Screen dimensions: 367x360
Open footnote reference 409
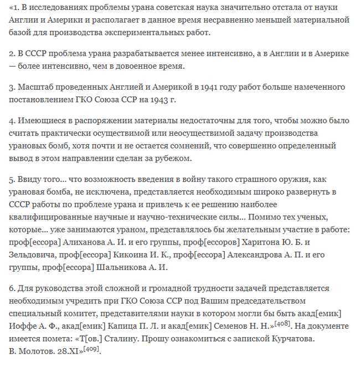click(x=93, y=348)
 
